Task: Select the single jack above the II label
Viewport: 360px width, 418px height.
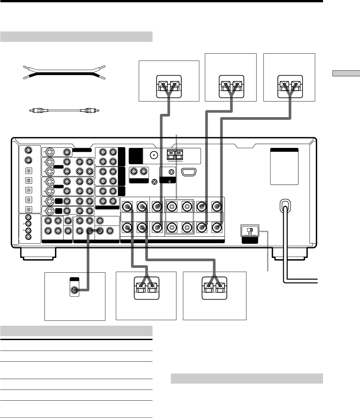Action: (171, 172)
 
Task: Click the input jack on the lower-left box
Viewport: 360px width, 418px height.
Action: (75, 290)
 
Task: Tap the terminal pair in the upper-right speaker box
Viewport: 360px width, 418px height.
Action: (290, 86)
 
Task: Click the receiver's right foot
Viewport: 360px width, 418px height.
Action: (291, 254)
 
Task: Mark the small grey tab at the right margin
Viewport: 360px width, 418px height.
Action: (344, 73)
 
